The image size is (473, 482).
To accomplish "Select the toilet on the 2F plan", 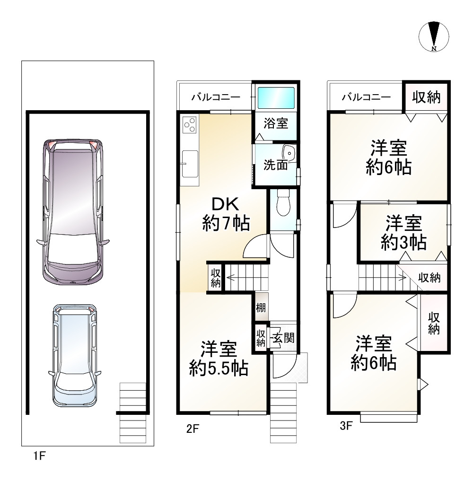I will [283, 202].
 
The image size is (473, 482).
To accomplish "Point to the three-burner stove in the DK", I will [189, 125].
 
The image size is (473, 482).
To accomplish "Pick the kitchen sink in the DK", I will [190, 164].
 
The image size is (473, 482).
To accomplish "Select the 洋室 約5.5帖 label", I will [219, 358].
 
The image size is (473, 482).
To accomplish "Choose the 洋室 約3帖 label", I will [403, 233].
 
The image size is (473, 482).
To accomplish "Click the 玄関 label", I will [283, 338].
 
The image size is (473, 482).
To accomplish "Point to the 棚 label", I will [261, 307].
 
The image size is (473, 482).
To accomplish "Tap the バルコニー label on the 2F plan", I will [215, 98].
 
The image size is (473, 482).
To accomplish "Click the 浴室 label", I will [276, 124].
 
